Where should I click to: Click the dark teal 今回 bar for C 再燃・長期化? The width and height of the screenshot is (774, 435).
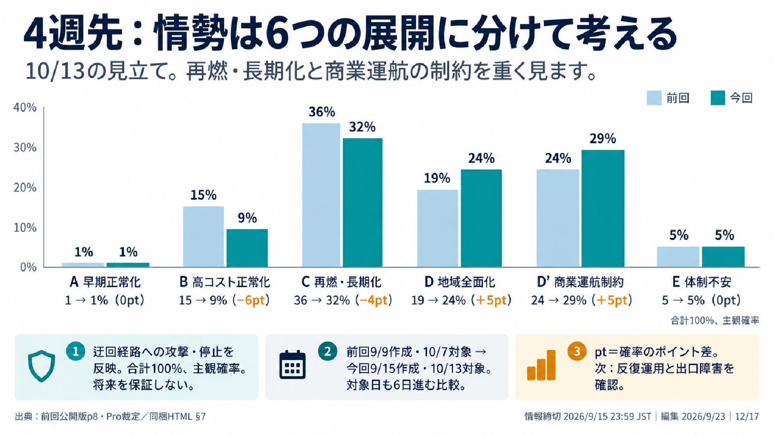point(362,203)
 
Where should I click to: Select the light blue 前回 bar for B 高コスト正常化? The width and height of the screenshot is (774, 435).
point(203,237)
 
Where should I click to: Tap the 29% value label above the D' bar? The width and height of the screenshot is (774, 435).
point(603,139)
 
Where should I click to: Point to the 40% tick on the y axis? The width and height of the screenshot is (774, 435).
point(25,108)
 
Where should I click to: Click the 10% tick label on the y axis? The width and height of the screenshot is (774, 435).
point(25,228)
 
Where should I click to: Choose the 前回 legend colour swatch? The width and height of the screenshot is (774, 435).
point(654,98)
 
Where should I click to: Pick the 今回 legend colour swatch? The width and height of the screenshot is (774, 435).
point(718,98)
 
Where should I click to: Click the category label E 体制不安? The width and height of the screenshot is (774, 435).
point(701,282)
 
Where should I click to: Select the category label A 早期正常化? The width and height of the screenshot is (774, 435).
point(105,282)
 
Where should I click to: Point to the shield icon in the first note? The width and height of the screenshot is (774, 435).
point(42,366)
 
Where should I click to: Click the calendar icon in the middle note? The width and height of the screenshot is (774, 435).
point(292,365)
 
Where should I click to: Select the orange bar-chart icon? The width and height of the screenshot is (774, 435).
point(541,365)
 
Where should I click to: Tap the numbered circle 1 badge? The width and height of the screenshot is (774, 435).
point(75,352)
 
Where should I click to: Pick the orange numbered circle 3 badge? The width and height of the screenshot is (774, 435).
point(577,351)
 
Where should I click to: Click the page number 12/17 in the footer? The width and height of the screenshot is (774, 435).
point(747,416)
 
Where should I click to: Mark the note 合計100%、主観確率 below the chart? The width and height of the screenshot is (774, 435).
point(715,321)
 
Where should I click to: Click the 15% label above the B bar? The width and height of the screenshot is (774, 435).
point(203,195)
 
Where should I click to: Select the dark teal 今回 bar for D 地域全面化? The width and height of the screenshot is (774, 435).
point(481,218)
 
